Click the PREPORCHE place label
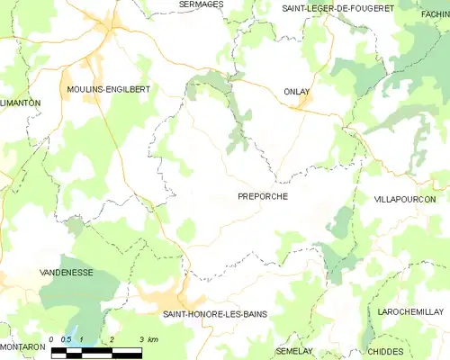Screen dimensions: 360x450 click(263, 196)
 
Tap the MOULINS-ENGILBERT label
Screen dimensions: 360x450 click(108, 90)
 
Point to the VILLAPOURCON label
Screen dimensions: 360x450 click(404, 198)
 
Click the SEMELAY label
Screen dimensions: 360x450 click(294, 350)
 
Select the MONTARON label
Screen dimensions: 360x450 click(22, 346)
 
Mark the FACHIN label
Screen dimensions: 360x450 click(434, 14)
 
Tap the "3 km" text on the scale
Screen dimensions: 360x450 click(148, 339)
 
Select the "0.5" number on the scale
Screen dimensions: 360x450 click(65, 339)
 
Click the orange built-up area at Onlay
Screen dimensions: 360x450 click(304, 106)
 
